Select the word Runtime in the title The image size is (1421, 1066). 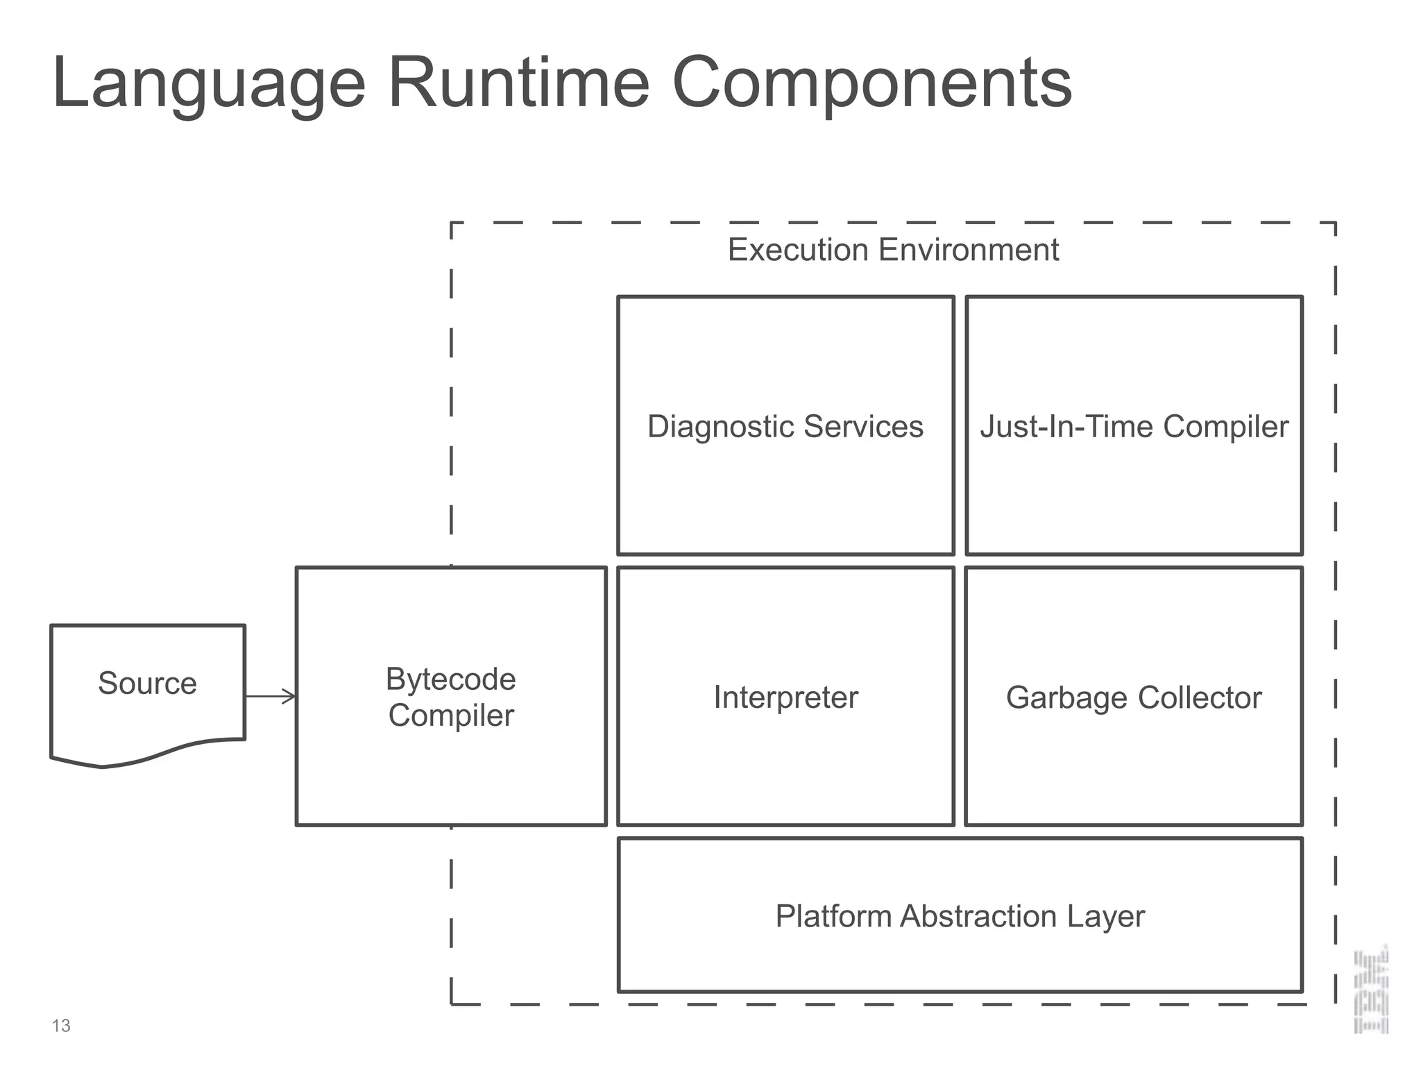point(518,83)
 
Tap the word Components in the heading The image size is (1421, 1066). point(871,83)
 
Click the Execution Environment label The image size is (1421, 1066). point(893,250)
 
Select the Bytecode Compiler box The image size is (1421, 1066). point(451,763)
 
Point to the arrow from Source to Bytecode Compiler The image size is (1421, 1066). point(271,696)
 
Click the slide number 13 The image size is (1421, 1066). point(61,1026)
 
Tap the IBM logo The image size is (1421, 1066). point(1371,989)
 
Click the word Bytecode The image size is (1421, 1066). point(451,679)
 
